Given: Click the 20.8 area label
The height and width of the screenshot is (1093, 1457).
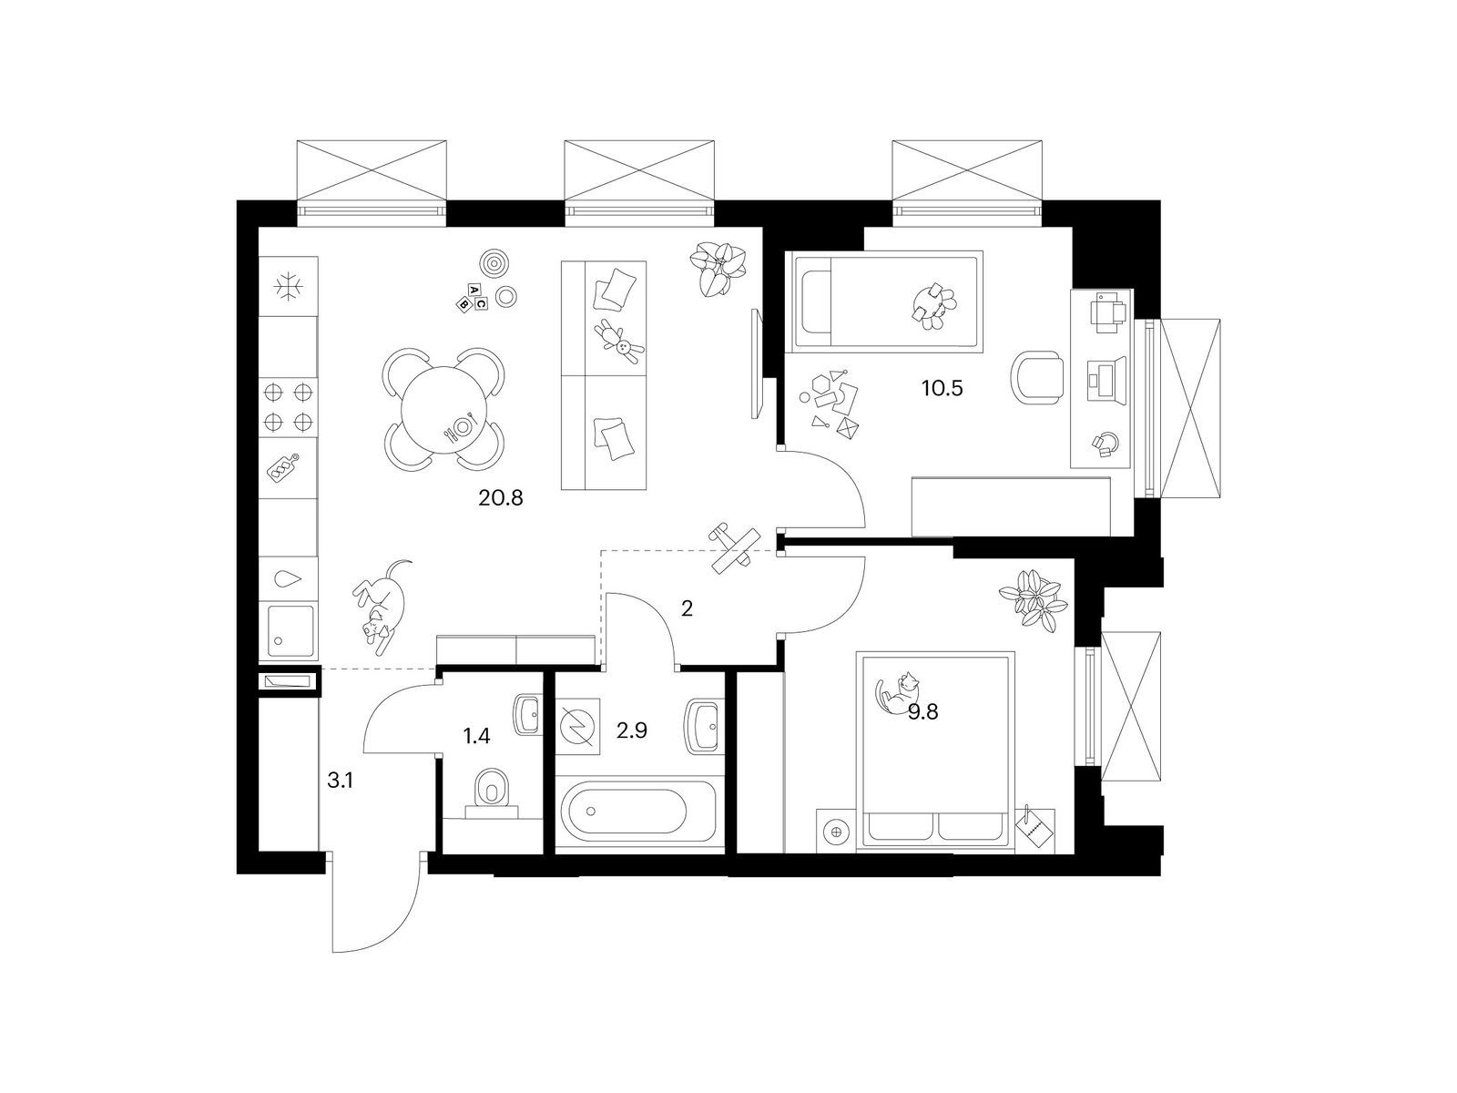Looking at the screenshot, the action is (501, 497).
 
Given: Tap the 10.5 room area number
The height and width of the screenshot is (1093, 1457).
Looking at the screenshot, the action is (942, 388).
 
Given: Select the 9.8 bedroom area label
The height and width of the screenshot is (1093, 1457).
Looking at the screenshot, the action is (922, 712).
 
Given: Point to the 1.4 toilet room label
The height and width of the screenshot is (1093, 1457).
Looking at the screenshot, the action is (476, 736).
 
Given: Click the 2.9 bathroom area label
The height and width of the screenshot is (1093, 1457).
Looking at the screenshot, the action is (631, 730).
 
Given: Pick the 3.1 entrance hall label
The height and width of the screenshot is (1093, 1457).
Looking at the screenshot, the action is (340, 781).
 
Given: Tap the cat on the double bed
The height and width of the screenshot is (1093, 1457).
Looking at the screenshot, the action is (897, 693).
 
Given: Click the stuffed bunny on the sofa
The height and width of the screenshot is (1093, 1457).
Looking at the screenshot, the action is (618, 342).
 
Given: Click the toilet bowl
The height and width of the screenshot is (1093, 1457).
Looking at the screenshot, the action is (492, 789).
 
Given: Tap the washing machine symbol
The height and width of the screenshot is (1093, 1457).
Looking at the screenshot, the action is (577, 726).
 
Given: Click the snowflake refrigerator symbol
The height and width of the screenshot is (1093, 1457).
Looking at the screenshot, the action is (290, 286).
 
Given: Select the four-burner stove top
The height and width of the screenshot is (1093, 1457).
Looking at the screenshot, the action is (288, 407).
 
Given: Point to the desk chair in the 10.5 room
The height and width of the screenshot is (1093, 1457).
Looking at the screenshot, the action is (1037, 377).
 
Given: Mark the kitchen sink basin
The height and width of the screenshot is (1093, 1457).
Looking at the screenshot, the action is (290, 630).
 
